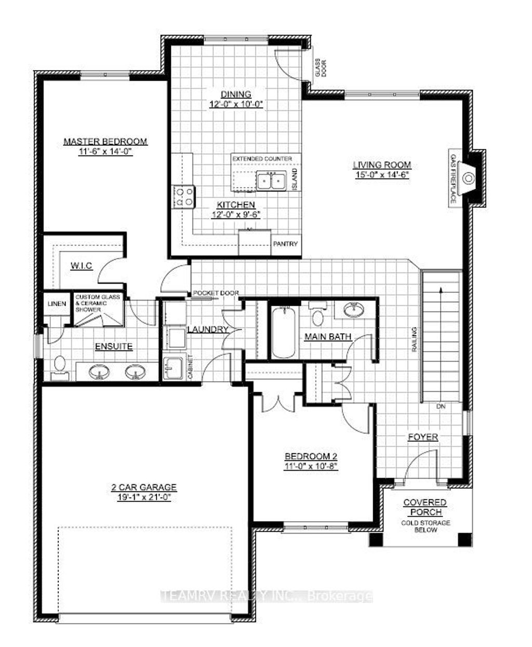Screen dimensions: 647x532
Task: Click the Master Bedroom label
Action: tap(105, 141)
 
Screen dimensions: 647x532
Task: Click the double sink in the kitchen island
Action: tap(271, 181)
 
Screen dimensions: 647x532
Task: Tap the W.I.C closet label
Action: tap(81, 266)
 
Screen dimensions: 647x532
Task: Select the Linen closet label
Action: tap(57, 304)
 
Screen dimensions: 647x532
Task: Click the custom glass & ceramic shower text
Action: tap(98, 303)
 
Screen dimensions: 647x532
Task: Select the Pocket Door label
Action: tap(216, 293)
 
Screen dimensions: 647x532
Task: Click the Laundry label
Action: tap(207, 329)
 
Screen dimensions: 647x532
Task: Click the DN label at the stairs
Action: tap(441, 406)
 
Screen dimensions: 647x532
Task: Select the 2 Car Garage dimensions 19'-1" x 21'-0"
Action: tap(143, 497)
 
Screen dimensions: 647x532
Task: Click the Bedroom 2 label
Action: tap(311, 457)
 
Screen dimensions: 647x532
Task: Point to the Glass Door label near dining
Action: tap(317, 69)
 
